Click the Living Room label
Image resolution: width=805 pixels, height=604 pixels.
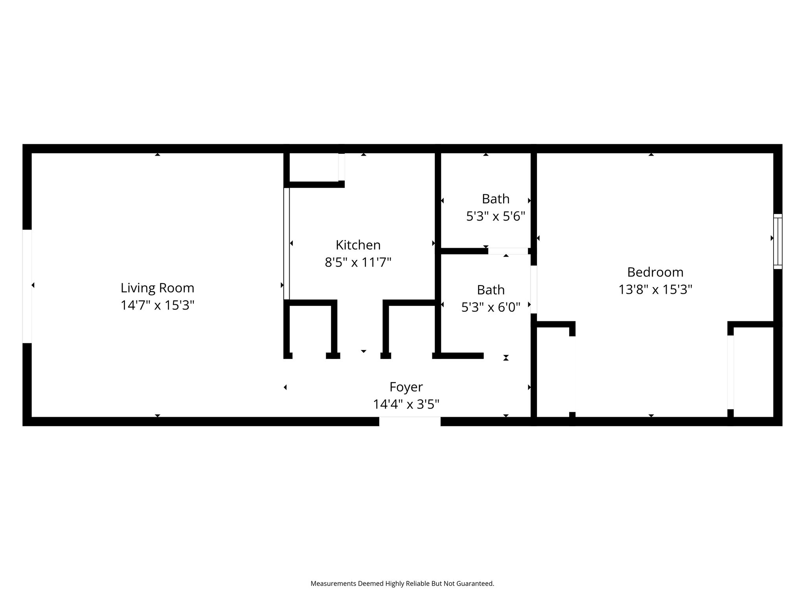pos(157,288)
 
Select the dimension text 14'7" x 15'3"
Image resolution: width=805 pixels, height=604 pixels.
pos(157,305)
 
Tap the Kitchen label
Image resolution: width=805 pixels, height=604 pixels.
pos(358,245)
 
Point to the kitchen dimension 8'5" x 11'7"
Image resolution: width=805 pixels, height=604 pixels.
pos(358,262)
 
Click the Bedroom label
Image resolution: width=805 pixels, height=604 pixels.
pos(655,272)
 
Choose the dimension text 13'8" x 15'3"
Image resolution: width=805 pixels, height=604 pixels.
pos(655,289)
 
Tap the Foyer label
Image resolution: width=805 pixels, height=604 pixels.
pos(406,387)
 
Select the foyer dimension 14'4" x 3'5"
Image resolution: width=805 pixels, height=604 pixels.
pos(406,404)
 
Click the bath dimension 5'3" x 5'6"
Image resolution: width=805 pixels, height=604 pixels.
pos(496,216)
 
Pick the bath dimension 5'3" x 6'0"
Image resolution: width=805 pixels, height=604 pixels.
pos(491,307)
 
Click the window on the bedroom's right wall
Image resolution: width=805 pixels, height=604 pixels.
pos(778,241)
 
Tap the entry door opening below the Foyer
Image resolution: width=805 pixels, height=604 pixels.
pos(410,421)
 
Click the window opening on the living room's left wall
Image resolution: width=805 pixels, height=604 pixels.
pos(27,286)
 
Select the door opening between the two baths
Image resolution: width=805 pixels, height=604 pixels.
pos(508,251)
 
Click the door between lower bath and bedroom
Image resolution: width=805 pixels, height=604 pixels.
pos(534,289)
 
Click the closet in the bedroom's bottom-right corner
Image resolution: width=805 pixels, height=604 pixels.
pos(754,372)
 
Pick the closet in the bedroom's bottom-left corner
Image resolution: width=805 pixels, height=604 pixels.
pos(553,372)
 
